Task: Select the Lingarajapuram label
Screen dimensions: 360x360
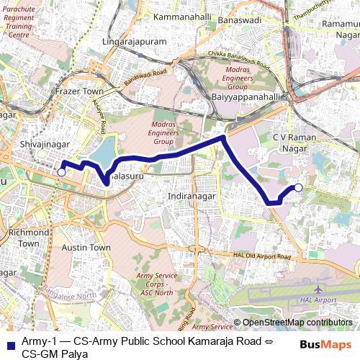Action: (x=135, y=42)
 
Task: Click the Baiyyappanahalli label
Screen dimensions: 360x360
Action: (x=245, y=96)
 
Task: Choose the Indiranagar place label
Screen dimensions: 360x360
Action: (x=190, y=196)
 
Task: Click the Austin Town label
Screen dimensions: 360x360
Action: (x=86, y=247)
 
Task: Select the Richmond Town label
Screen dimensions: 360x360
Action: (x=29, y=238)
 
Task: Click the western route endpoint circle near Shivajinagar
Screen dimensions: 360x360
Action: (x=62, y=172)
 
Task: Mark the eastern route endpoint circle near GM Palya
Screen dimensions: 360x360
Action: (x=298, y=188)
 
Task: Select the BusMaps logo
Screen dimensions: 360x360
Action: (x=326, y=344)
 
